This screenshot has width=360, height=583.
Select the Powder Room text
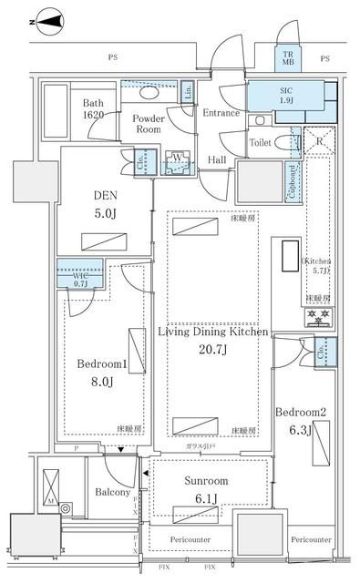[x=148, y=124]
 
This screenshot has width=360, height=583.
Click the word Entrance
[x=221, y=113]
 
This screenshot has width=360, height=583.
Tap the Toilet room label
[x=263, y=142]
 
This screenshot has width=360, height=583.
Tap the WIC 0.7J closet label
[x=67, y=276]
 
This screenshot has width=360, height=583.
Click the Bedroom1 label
[x=101, y=363]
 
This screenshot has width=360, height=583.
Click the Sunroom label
[x=202, y=481]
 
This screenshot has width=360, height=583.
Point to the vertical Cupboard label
[x=293, y=181]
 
